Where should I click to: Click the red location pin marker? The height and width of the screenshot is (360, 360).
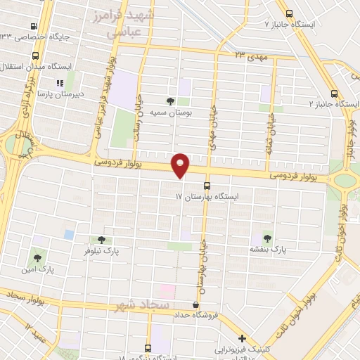(181, 165)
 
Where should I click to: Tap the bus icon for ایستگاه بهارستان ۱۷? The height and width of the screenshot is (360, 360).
(207, 186)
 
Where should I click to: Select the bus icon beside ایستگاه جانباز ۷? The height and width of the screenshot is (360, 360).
(289, 13)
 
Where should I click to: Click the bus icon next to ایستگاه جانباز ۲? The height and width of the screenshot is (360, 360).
(333, 93)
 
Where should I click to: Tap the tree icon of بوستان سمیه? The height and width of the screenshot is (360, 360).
(171, 101)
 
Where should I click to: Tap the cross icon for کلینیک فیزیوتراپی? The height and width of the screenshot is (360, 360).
(242, 339)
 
